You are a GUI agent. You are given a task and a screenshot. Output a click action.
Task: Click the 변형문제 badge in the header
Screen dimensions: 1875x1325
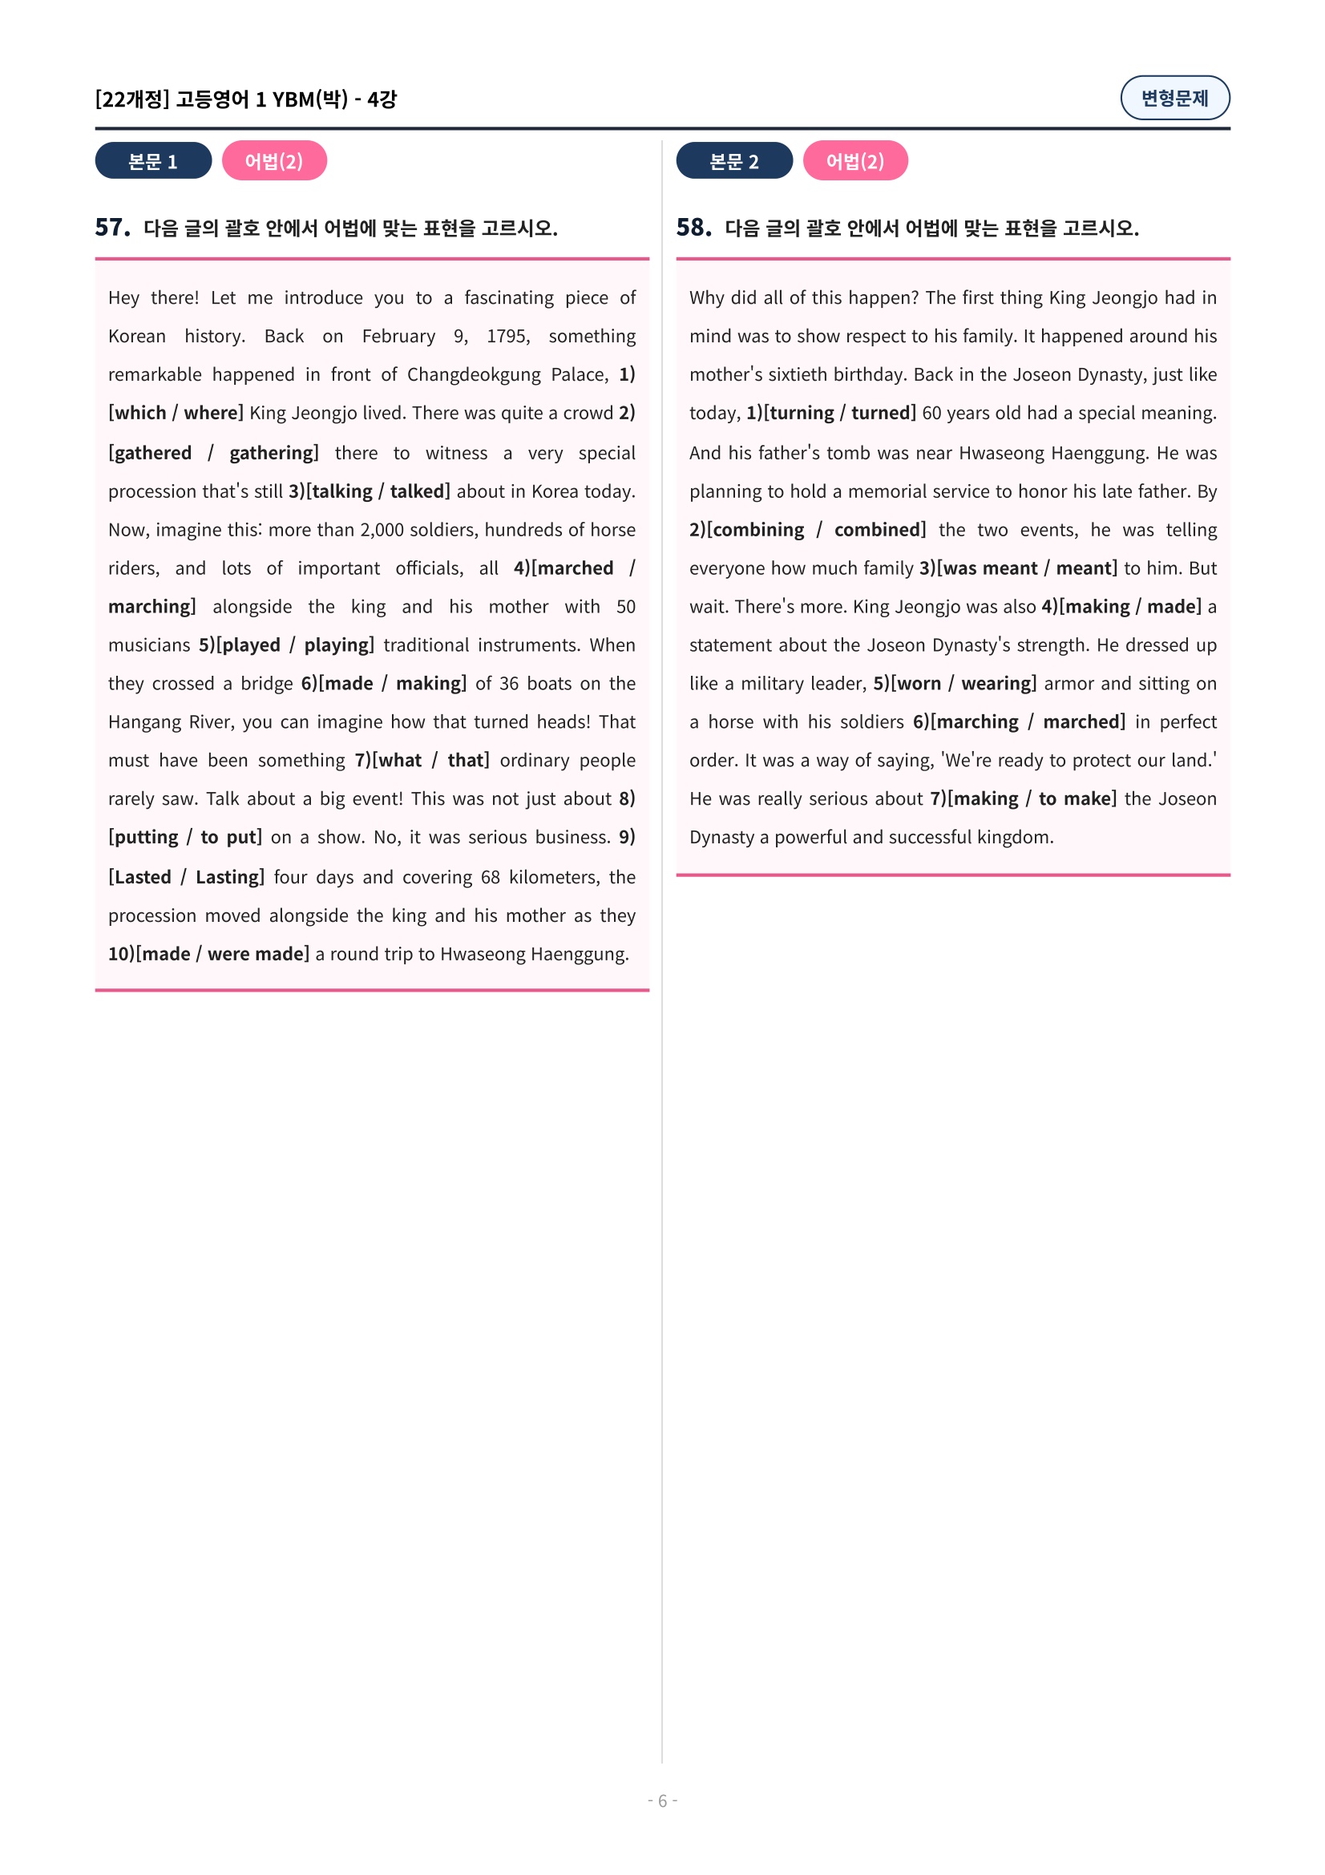click(x=1174, y=98)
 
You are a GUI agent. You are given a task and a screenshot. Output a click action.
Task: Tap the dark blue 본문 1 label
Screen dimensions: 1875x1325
click(x=152, y=161)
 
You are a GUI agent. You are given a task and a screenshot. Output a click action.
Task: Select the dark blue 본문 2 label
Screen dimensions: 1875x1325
click(x=733, y=161)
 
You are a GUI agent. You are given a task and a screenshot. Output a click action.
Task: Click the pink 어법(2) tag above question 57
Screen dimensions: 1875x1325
click(x=273, y=161)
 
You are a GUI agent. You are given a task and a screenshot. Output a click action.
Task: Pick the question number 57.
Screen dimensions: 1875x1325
click(x=112, y=227)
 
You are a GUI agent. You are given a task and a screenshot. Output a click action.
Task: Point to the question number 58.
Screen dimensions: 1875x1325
click(x=693, y=227)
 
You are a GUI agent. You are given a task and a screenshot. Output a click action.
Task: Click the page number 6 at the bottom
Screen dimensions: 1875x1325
click(x=662, y=1800)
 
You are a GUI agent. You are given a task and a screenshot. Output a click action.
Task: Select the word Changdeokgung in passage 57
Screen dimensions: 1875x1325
click(x=474, y=374)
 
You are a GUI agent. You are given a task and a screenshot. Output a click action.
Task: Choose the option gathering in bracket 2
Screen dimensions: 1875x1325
click(x=273, y=452)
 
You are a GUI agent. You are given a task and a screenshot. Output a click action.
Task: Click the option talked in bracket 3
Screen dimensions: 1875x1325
click(x=417, y=491)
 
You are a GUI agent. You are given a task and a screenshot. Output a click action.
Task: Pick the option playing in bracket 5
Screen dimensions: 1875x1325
click(x=337, y=645)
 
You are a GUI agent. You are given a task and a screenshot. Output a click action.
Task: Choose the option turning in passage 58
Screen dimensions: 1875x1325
click(x=801, y=412)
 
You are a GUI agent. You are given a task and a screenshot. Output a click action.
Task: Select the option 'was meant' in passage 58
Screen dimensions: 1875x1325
click(x=989, y=568)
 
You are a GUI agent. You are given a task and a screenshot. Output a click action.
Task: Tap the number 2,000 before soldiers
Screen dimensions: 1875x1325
click(x=383, y=529)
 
